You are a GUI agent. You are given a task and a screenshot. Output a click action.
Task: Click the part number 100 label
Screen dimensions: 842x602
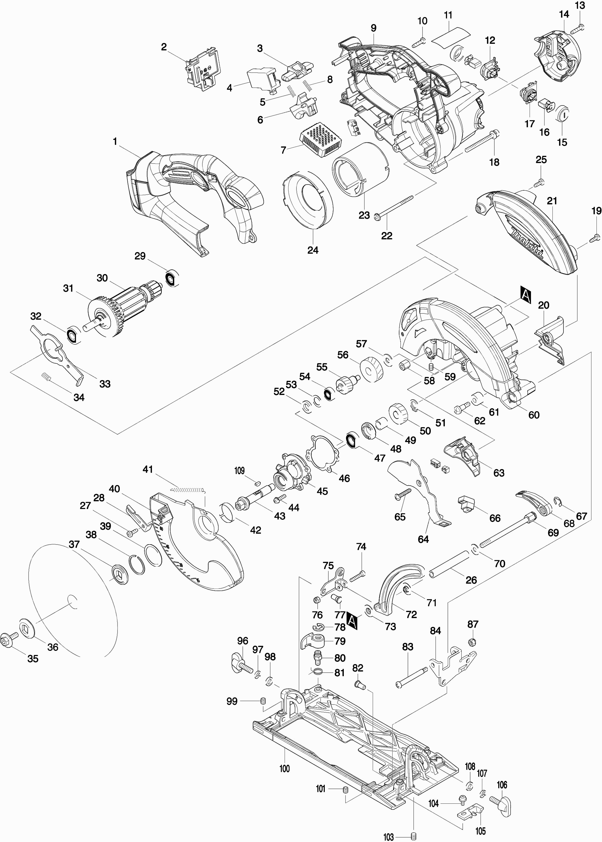[284, 768]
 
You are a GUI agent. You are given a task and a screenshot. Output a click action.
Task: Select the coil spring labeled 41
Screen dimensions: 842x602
[188, 490]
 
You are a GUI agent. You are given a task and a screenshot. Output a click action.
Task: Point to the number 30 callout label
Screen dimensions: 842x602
[102, 278]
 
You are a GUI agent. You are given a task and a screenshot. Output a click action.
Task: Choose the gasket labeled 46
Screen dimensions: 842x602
[321, 455]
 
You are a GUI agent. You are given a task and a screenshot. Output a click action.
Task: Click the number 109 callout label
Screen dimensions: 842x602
[239, 471]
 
